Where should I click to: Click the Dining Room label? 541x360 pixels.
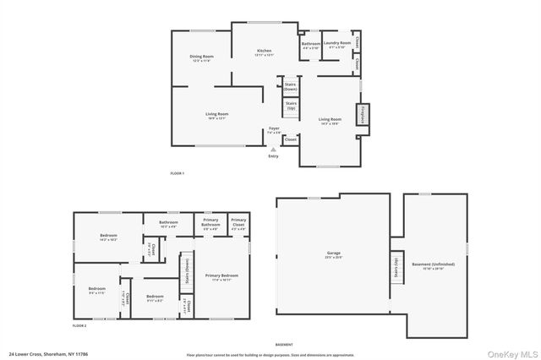coord(200,58)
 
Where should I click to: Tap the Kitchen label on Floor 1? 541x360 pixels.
coord(265,52)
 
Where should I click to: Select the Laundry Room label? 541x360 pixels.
coord(336,46)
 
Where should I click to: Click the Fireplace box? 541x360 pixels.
coord(362,115)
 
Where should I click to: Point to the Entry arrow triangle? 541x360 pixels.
coord(272,149)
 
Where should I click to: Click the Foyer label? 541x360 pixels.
coord(274,130)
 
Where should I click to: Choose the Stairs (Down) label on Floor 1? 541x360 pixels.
coord(290,86)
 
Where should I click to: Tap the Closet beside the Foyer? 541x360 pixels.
coord(290,140)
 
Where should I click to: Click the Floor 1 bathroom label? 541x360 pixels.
coord(310,46)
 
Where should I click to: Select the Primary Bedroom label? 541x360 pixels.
coord(221,277)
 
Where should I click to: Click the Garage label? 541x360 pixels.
coord(333,254)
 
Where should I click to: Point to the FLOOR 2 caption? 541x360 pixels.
coord(79,325)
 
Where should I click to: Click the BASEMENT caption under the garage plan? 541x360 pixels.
coord(285,344)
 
